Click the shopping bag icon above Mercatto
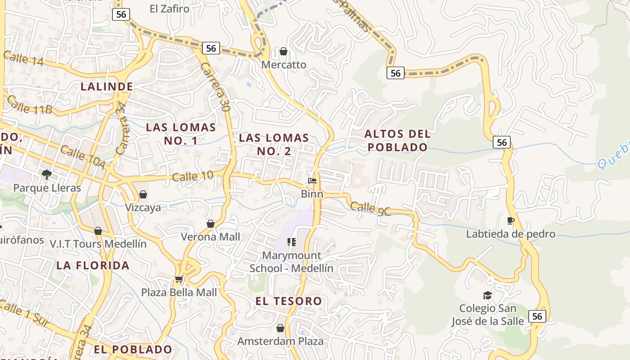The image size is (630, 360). (283, 52)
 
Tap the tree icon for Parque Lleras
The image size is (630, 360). (46, 174)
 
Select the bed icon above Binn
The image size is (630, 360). (312, 181)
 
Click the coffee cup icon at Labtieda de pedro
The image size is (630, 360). (510, 220)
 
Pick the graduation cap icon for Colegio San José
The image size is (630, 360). (487, 295)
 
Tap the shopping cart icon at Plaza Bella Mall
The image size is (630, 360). (179, 279)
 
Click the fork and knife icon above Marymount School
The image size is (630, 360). (292, 243)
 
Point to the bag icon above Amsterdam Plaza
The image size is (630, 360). (280, 328)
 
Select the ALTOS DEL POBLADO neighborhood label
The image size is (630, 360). (397, 140)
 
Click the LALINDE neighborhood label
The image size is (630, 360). (107, 86)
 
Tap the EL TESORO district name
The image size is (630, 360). (289, 301)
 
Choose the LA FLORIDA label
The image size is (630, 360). (93, 265)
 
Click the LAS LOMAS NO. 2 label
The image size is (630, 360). (274, 144)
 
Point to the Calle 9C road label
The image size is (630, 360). (370, 207)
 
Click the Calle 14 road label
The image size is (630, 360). (23, 58)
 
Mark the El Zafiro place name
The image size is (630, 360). (170, 9)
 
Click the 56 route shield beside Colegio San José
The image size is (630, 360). (537, 316)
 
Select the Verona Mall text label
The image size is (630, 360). (210, 237)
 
